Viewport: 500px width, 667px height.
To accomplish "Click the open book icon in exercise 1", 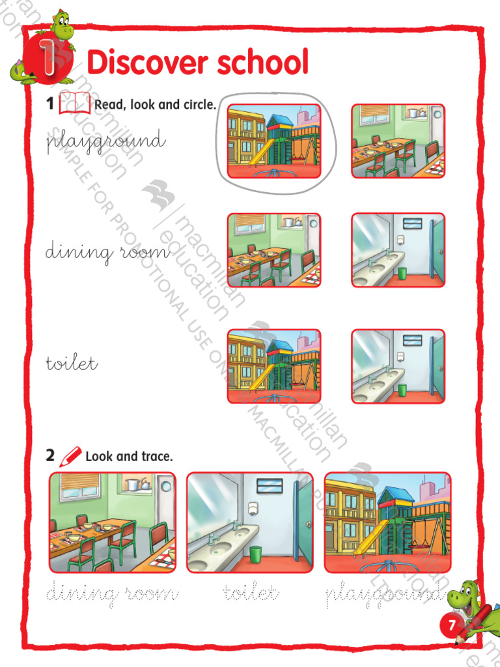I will point(74,104).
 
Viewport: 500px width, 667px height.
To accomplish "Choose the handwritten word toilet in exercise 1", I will point(72,363).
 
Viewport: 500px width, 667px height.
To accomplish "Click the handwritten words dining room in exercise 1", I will point(107,253).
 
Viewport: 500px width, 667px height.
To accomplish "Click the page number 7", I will point(452,626).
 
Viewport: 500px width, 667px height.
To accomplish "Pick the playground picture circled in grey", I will point(274,141).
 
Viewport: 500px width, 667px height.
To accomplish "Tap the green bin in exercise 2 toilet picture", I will point(257,554).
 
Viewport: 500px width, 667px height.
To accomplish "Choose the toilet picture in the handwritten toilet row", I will point(398,366).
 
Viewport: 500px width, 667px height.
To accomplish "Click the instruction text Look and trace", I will point(129,457).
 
